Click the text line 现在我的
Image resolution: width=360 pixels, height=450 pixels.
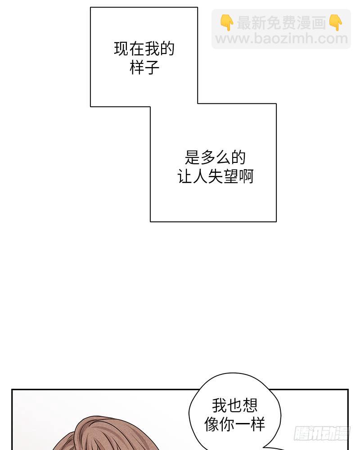[144, 49]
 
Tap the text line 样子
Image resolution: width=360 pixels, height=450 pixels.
[144, 67]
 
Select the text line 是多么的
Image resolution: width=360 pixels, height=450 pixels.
[215, 157]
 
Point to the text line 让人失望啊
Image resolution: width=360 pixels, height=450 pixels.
[215, 176]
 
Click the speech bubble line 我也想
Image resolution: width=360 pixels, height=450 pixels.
[234, 405]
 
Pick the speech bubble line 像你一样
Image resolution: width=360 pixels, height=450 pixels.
[234, 424]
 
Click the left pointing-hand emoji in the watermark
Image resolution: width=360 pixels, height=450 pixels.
[227, 22]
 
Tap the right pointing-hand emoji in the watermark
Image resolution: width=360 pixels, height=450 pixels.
[336, 22]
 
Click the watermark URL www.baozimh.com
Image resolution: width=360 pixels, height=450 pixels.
[281, 39]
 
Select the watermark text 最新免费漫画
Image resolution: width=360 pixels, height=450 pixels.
[281, 22]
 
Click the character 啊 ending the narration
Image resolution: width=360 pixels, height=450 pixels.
[246, 176]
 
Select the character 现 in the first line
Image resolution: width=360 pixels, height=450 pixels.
[121, 49]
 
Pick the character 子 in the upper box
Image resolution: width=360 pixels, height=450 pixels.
[152, 67]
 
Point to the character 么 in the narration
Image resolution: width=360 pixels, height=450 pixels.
[223, 157]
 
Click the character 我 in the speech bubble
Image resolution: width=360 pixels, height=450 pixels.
[219, 405]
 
